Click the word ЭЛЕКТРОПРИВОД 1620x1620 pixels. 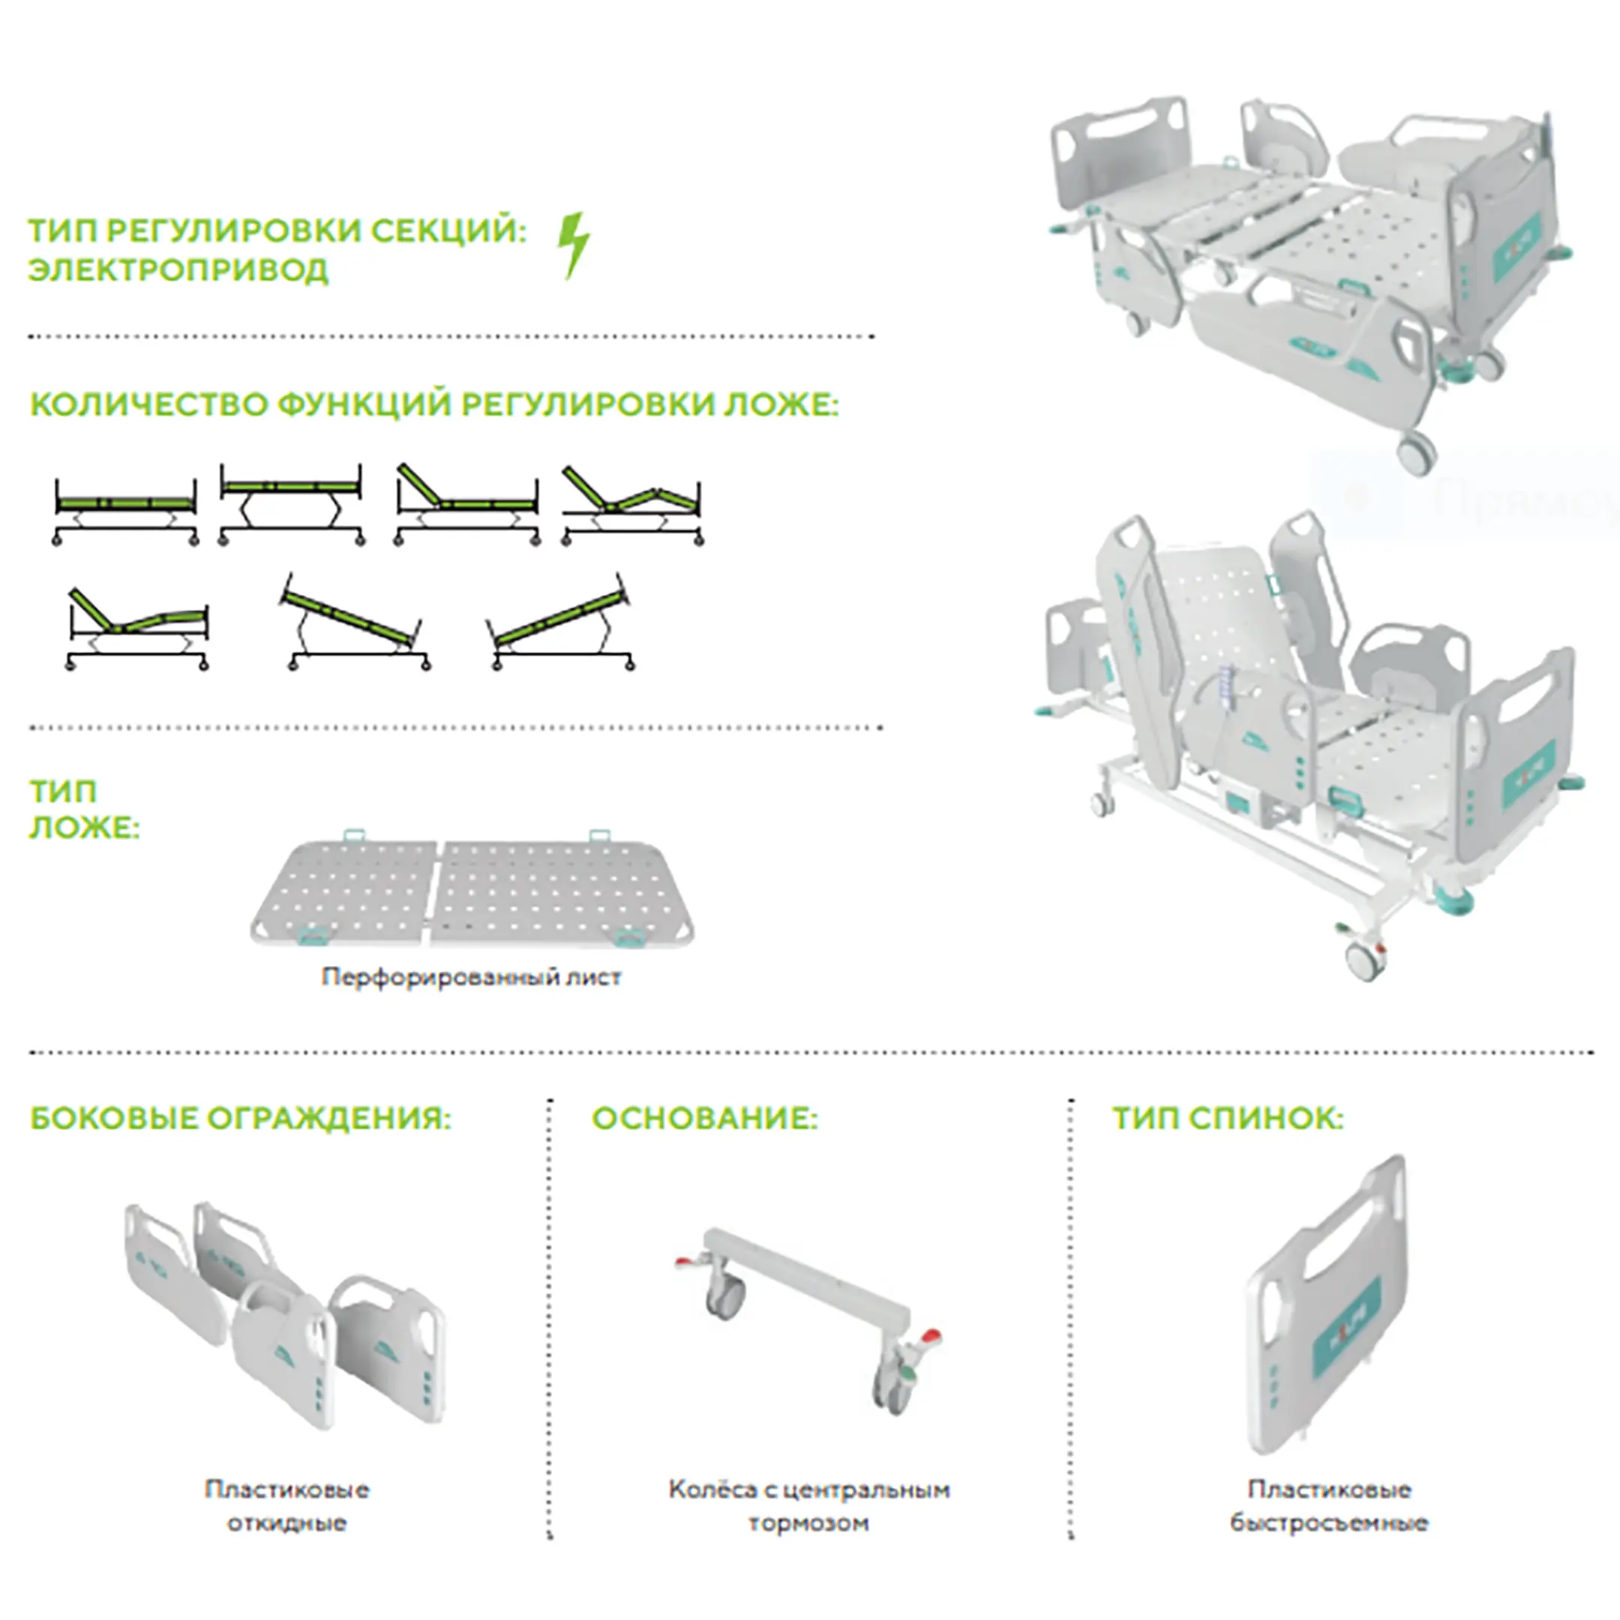(x=178, y=271)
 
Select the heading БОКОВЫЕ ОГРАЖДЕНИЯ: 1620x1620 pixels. (x=241, y=1118)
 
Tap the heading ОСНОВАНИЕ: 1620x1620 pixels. (x=704, y=1118)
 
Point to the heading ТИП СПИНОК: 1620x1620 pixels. (x=1228, y=1118)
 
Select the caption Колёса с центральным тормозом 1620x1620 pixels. (x=809, y=1506)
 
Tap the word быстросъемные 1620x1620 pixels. (x=1329, y=1523)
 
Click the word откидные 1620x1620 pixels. (x=286, y=1523)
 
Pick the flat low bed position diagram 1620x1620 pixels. (x=126, y=511)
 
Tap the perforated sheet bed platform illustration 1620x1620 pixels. (x=474, y=895)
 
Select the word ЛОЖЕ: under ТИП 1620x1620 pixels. (x=84, y=829)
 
